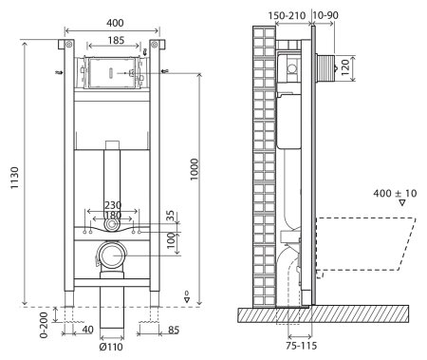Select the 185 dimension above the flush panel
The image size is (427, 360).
point(113,43)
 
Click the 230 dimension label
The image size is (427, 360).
point(113,203)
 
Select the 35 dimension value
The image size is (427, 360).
point(170,217)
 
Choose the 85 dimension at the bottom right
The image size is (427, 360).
point(174,332)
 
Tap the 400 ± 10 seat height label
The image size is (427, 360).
point(396,193)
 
